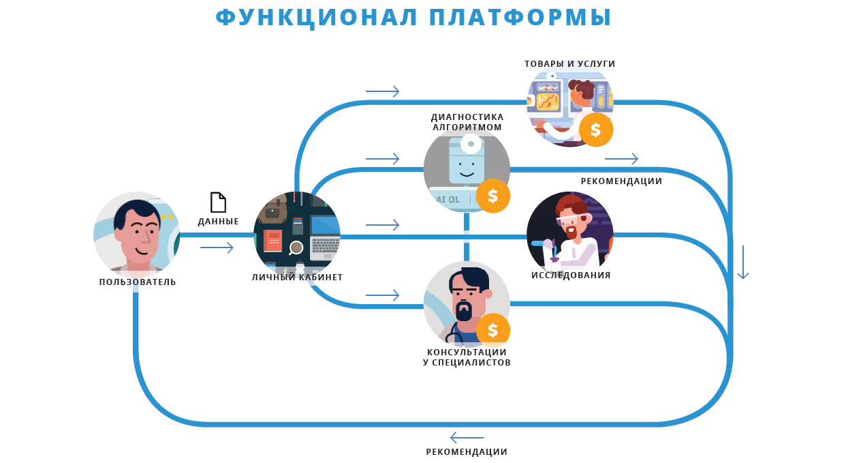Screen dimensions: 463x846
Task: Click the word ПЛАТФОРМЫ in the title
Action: [x=520, y=17]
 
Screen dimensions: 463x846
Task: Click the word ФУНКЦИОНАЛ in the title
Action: [x=317, y=17]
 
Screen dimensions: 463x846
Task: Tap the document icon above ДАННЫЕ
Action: [x=218, y=203]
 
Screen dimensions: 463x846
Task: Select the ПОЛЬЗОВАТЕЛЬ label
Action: [x=138, y=282]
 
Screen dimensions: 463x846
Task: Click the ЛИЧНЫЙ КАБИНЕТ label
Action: [x=297, y=278]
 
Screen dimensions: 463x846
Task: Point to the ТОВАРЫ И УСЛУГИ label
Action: [x=569, y=64]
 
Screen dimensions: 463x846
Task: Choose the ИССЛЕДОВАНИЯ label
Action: [x=571, y=275]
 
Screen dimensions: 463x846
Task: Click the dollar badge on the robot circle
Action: [x=493, y=196]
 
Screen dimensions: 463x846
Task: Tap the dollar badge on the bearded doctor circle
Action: [x=493, y=331]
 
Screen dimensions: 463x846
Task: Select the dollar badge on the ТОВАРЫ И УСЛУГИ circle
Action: [x=596, y=130]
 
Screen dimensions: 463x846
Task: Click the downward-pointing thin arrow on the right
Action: [x=743, y=263]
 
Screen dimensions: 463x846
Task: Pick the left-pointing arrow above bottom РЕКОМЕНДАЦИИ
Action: [x=467, y=438]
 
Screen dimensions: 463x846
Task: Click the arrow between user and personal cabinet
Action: [x=217, y=248]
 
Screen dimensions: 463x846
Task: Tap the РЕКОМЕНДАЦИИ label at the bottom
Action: [x=467, y=452]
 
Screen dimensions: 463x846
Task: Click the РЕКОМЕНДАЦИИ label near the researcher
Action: [x=621, y=181]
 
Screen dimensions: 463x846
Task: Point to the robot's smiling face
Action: [x=467, y=166]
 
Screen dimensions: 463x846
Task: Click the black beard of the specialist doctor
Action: [x=464, y=311]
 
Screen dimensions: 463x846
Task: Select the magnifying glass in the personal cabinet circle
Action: [x=296, y=248]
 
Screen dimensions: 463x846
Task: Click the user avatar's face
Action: [x=139, y=235]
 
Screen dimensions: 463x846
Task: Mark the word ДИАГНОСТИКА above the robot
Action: [x=467, y=117]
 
